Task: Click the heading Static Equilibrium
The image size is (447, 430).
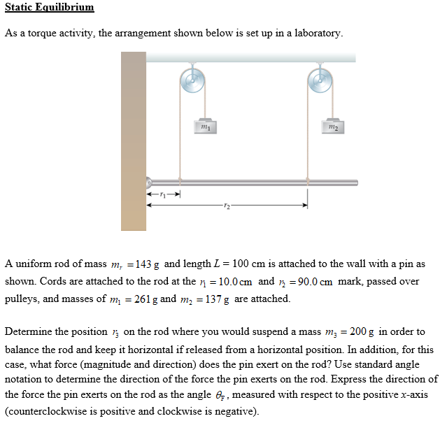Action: click(x=49, y=8)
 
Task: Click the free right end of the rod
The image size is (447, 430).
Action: click(x=355, y=181)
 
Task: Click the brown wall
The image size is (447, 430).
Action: click(x=134, y=140)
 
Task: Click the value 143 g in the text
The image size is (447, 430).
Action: click(x=148, y=265)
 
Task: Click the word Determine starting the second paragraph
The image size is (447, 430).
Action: click(x=29, y=332)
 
